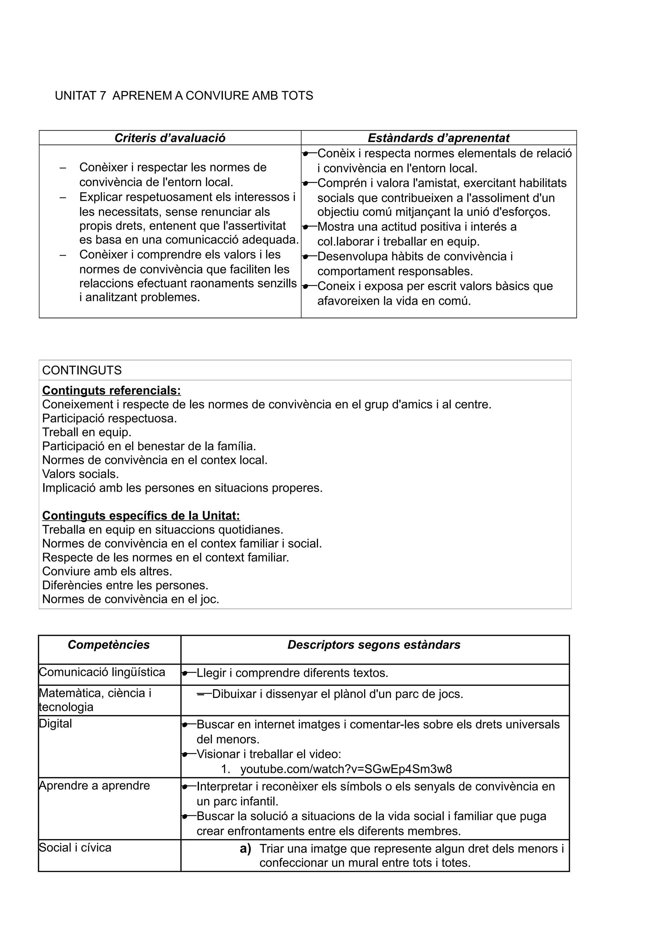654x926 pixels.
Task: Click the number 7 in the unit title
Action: tap(103, 96)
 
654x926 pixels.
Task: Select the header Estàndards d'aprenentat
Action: tap(438, 138)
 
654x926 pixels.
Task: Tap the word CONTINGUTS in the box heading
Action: tap(82, 370)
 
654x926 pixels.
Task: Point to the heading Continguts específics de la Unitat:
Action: tap(141, 515)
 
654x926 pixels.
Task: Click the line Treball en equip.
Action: tap(87, 432)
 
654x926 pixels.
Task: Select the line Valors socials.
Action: tap(80, 474)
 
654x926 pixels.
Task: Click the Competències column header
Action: tap(109, 644)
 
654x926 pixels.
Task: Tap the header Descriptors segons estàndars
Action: tap(374, 644)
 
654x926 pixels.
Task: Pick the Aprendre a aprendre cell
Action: tap(94, 786)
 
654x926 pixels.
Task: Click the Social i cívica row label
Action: tap(75, 848)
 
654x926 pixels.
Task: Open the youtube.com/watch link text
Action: tap(346, 769)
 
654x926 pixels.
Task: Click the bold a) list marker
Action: tap(245, 849)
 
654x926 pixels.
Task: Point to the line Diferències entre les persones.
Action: tap(125, 585)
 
